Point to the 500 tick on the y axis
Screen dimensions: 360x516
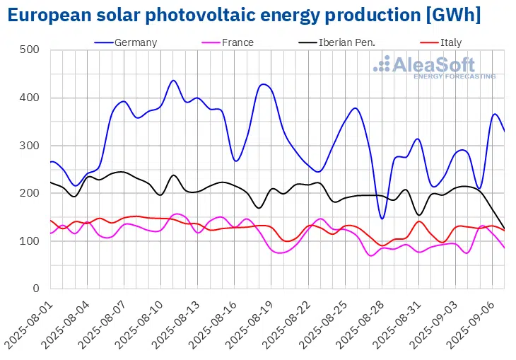(29, 50)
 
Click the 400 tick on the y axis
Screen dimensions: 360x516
(29, 98)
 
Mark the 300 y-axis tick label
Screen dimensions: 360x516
(29, 146)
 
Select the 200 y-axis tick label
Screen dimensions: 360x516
(29, 193)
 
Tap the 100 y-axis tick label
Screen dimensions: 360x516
(29, 241)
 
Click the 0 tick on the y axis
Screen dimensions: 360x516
(35, 289)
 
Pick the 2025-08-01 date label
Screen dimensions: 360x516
(28, 322)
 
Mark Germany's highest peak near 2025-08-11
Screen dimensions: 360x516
(174, 81)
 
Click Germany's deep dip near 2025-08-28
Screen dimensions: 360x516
(382, 219)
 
